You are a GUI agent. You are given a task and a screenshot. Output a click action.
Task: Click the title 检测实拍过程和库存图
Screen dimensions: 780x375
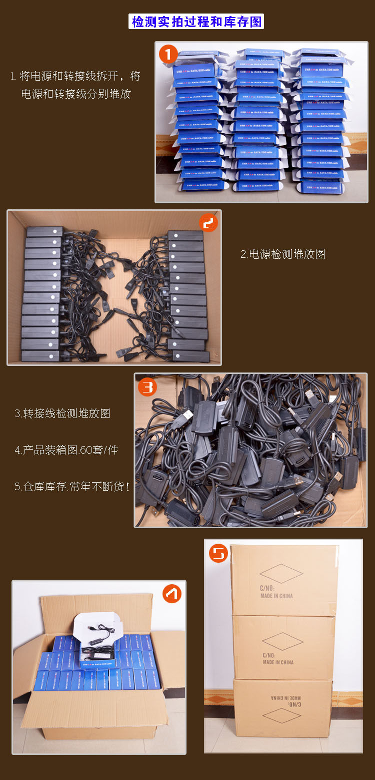pyautogui.click(x=196, y=22)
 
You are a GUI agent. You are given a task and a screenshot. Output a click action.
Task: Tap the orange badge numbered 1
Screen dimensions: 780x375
pyautogui.click(x=168, y=54)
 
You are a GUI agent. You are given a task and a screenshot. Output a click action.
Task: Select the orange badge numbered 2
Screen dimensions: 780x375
pyautogui.click(x=208, y=223)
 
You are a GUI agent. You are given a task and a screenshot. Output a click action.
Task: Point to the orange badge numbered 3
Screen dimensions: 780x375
pyautogui.click(x=147, y=387)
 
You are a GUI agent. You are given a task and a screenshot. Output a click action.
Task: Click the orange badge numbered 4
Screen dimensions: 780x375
pyautogui.click(x=172, y=594)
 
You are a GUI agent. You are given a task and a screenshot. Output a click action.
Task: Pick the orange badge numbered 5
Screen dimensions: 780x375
pyautogui.click(x=218, y=553)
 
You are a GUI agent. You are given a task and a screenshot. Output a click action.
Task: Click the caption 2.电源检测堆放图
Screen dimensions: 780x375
pyautogui.click(x=283, y=254)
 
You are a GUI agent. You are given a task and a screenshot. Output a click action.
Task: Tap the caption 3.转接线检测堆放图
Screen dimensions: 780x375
pyautogui.click(x=62, y=414)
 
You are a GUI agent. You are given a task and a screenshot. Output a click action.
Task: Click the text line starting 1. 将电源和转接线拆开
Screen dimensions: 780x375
pyautogui.click(x=75, y=77)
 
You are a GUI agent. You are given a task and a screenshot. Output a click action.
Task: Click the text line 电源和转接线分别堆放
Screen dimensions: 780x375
pyautogui.click(x=76, y=94)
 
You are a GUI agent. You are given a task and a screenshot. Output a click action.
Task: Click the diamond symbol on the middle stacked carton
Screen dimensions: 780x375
pyautogui.click(x=282, y=641)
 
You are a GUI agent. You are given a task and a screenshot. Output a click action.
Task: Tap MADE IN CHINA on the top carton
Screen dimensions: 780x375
pyautogui.click(x=276, y=596)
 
